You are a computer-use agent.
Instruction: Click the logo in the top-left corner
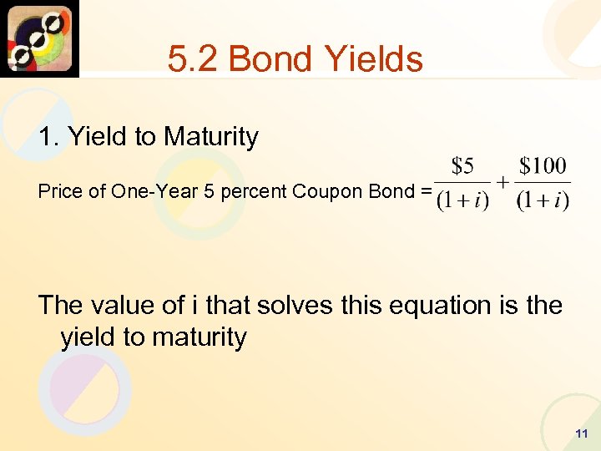point(39,38)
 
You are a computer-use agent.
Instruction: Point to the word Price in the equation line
point(61,191)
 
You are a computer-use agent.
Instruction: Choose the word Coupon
point(321,191)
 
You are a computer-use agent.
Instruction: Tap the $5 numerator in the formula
point(462,167)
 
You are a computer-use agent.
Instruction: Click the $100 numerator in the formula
point(543,167)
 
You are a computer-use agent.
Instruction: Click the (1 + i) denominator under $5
point(462,202)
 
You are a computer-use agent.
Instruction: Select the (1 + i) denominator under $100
point(543,202)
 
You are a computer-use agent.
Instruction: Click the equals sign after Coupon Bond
point(426,191)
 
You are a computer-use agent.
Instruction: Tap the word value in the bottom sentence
point(136,305)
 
